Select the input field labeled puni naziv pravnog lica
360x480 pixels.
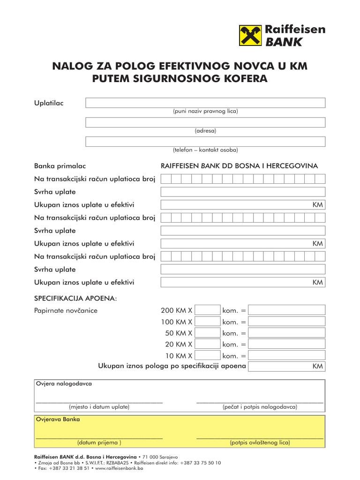pos(205,103)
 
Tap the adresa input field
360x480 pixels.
pos(205,122)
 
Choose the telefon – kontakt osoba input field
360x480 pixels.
pos(205,142)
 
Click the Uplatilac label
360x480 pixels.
pos(49,103)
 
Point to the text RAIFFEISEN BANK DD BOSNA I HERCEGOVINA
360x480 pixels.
pos(239,166)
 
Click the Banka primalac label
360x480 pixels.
pos(60,166)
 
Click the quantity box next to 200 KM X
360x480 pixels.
pos(208,310)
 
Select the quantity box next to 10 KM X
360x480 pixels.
pos(208,355)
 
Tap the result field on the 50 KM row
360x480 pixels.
pos(286,333)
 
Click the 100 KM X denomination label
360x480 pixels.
pos(177,322)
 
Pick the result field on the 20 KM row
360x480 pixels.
pos(286,344)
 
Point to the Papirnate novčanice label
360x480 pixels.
pos(66,310)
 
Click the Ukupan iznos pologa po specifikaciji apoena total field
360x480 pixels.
pos(286,366)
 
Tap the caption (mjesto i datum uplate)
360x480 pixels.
pos(99,407)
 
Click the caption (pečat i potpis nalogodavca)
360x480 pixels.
pos(260,407)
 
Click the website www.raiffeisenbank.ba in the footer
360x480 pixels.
pos(119,468)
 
